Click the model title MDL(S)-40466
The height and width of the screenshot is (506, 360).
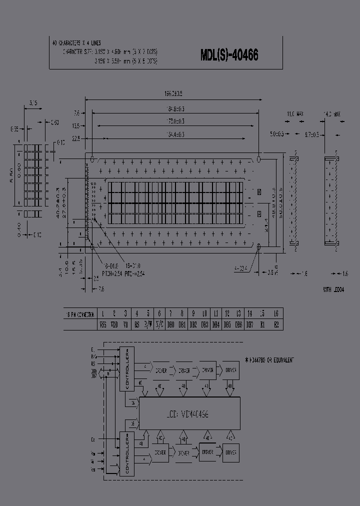229,55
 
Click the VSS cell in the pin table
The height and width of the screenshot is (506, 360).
103,324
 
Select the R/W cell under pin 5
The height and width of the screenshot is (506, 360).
148,324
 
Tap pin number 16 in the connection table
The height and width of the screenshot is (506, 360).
275,313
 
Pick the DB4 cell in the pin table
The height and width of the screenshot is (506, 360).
215,324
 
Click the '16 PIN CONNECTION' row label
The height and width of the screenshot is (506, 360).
80,314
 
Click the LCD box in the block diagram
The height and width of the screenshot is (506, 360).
188,414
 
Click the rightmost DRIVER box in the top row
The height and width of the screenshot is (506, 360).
230,370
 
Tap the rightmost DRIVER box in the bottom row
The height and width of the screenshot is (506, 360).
230,452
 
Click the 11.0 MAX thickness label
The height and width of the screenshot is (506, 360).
294,114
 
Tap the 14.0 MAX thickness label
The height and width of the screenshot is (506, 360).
332,114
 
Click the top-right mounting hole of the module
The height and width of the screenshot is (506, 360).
259,159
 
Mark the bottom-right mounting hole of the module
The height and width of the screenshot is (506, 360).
259,247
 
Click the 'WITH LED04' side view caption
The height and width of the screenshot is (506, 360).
333,289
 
